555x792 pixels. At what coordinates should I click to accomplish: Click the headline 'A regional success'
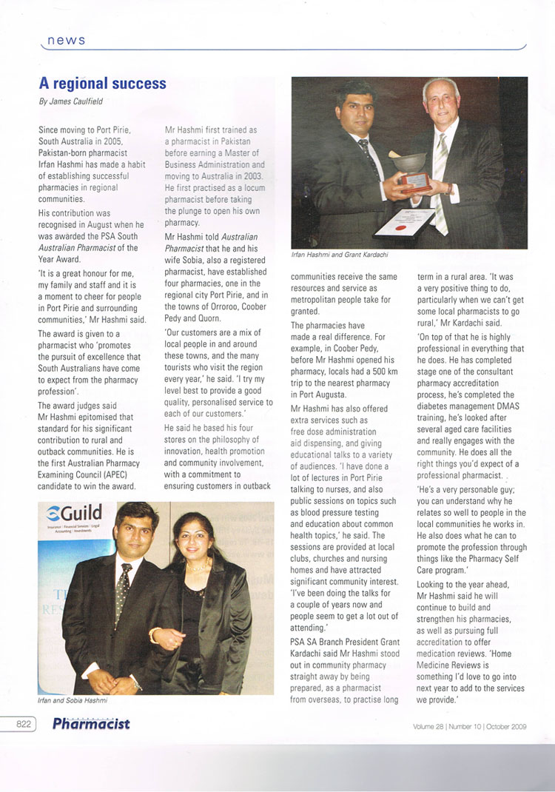pyautogui.click(x=102, y=83)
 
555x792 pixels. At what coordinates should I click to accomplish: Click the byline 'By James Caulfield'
pyautogui.click(x=70, y=101)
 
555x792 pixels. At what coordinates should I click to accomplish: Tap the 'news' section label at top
pyautogui.click(x=66, y=40)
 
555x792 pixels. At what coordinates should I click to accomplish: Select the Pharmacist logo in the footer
pyautogui.click(x=91, y=725)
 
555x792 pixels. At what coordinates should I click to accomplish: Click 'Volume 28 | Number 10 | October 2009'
pyautogui.click(x=469, y=726)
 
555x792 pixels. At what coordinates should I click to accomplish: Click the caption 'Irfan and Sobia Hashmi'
pyautogui.click(x=78, y=698)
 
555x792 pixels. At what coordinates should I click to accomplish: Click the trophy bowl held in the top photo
pyautogui.click(x=410, y=161)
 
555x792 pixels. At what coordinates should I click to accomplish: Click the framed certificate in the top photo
pyautogui.click(x=404, y=222)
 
